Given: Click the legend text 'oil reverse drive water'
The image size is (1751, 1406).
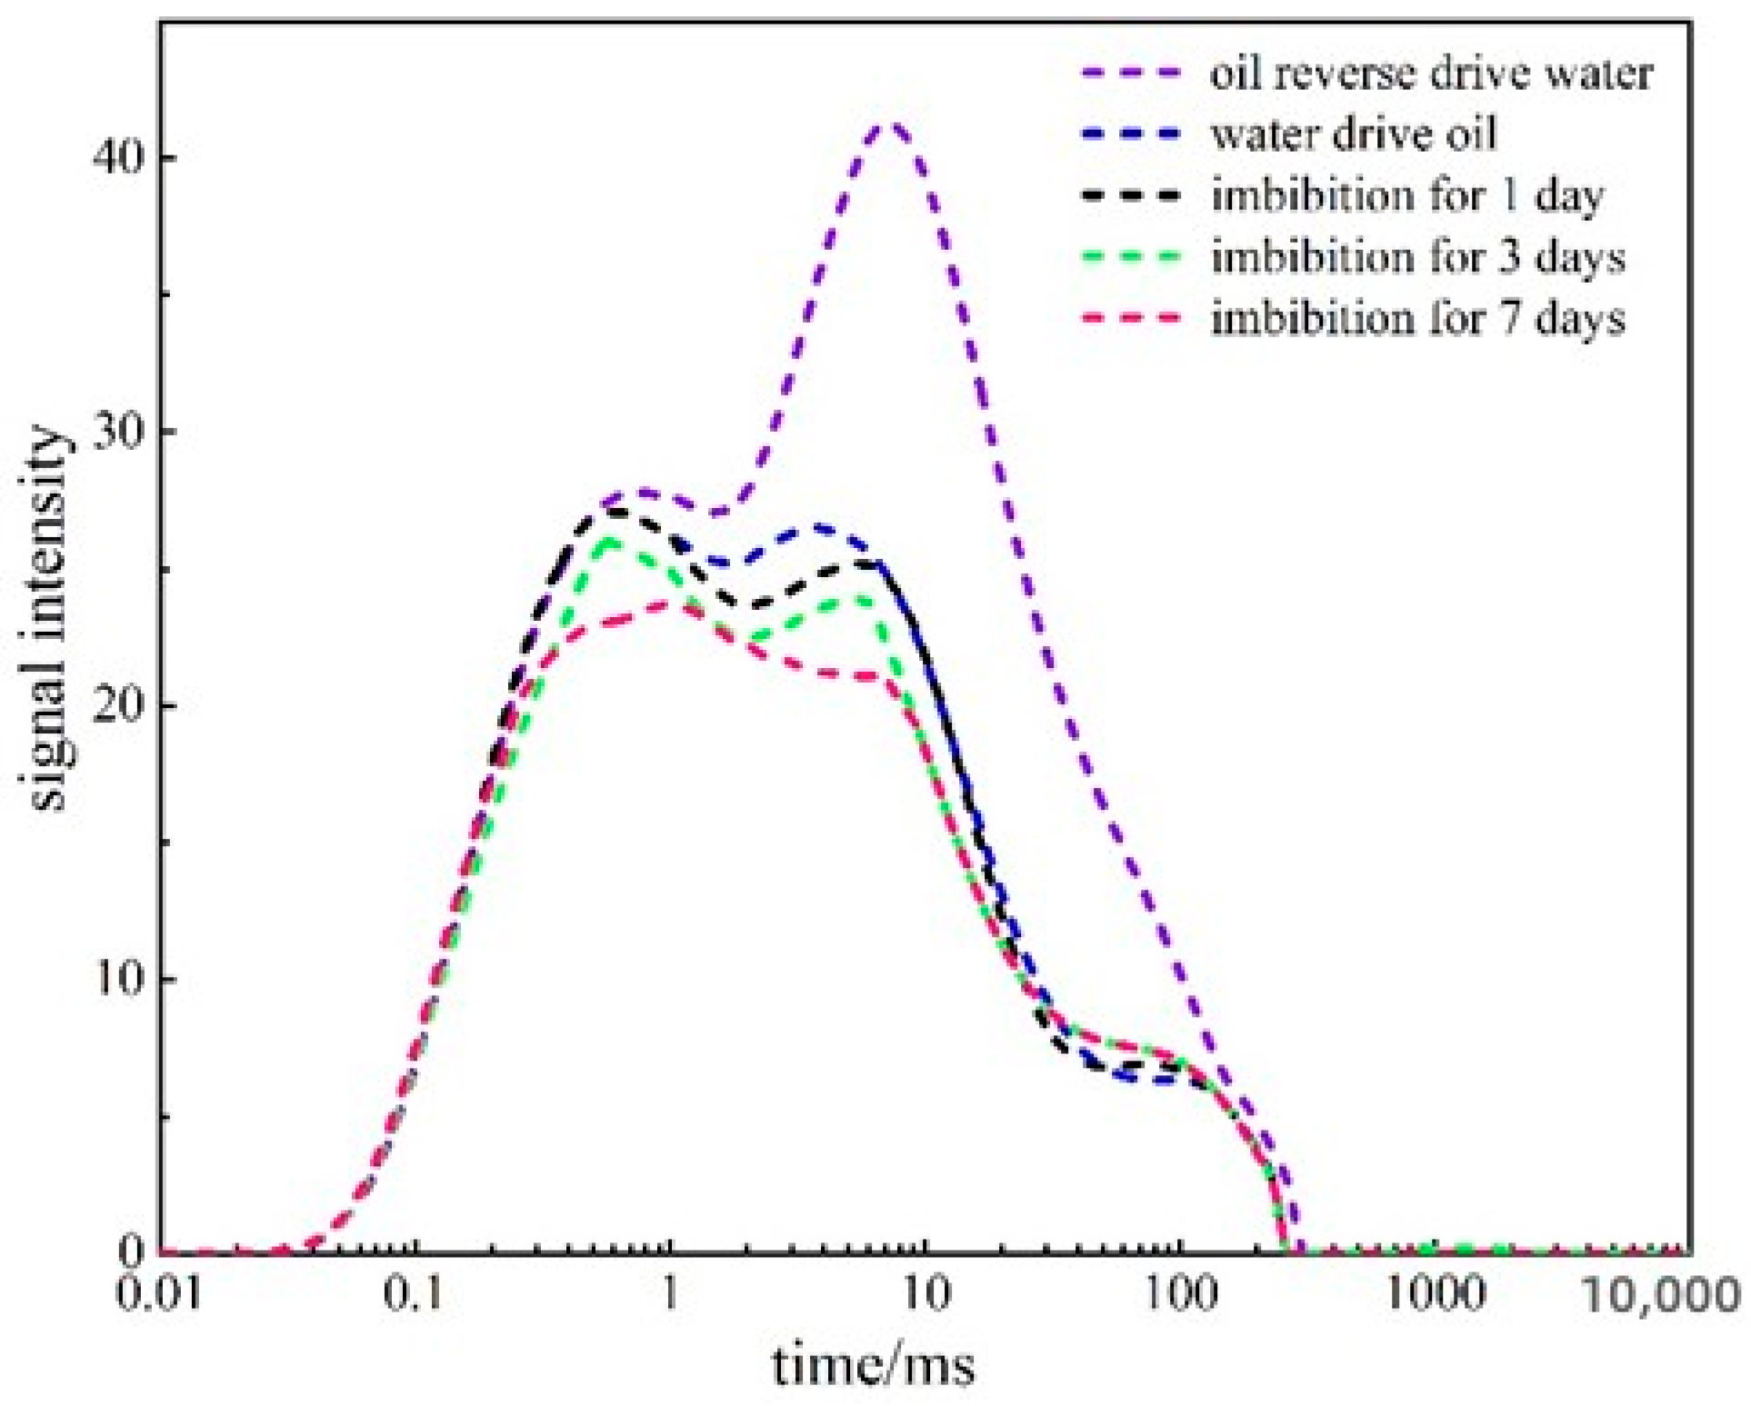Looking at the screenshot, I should (1430, 74).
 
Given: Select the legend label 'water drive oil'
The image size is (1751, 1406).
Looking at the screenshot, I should (1353, 135).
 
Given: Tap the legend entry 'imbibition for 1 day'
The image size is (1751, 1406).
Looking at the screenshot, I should (1406, 195).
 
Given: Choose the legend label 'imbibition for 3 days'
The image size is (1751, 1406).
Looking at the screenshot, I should (1417, 257).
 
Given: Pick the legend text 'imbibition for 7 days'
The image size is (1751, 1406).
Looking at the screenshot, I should (1417, 318).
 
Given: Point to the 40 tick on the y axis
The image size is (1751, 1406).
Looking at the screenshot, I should (118, 158).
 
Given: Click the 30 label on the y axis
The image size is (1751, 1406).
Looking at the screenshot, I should (118, 432).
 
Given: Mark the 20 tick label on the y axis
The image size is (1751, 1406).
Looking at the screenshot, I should (118, 705).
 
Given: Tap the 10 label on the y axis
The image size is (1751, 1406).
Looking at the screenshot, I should (118, 979).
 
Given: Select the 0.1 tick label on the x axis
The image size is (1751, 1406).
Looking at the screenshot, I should (415, 1292).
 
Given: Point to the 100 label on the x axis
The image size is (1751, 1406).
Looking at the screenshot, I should (1179, 1292).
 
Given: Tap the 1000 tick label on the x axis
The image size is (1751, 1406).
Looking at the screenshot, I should (1435, 1292).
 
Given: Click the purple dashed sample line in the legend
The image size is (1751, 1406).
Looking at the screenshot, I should (1131, 73).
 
